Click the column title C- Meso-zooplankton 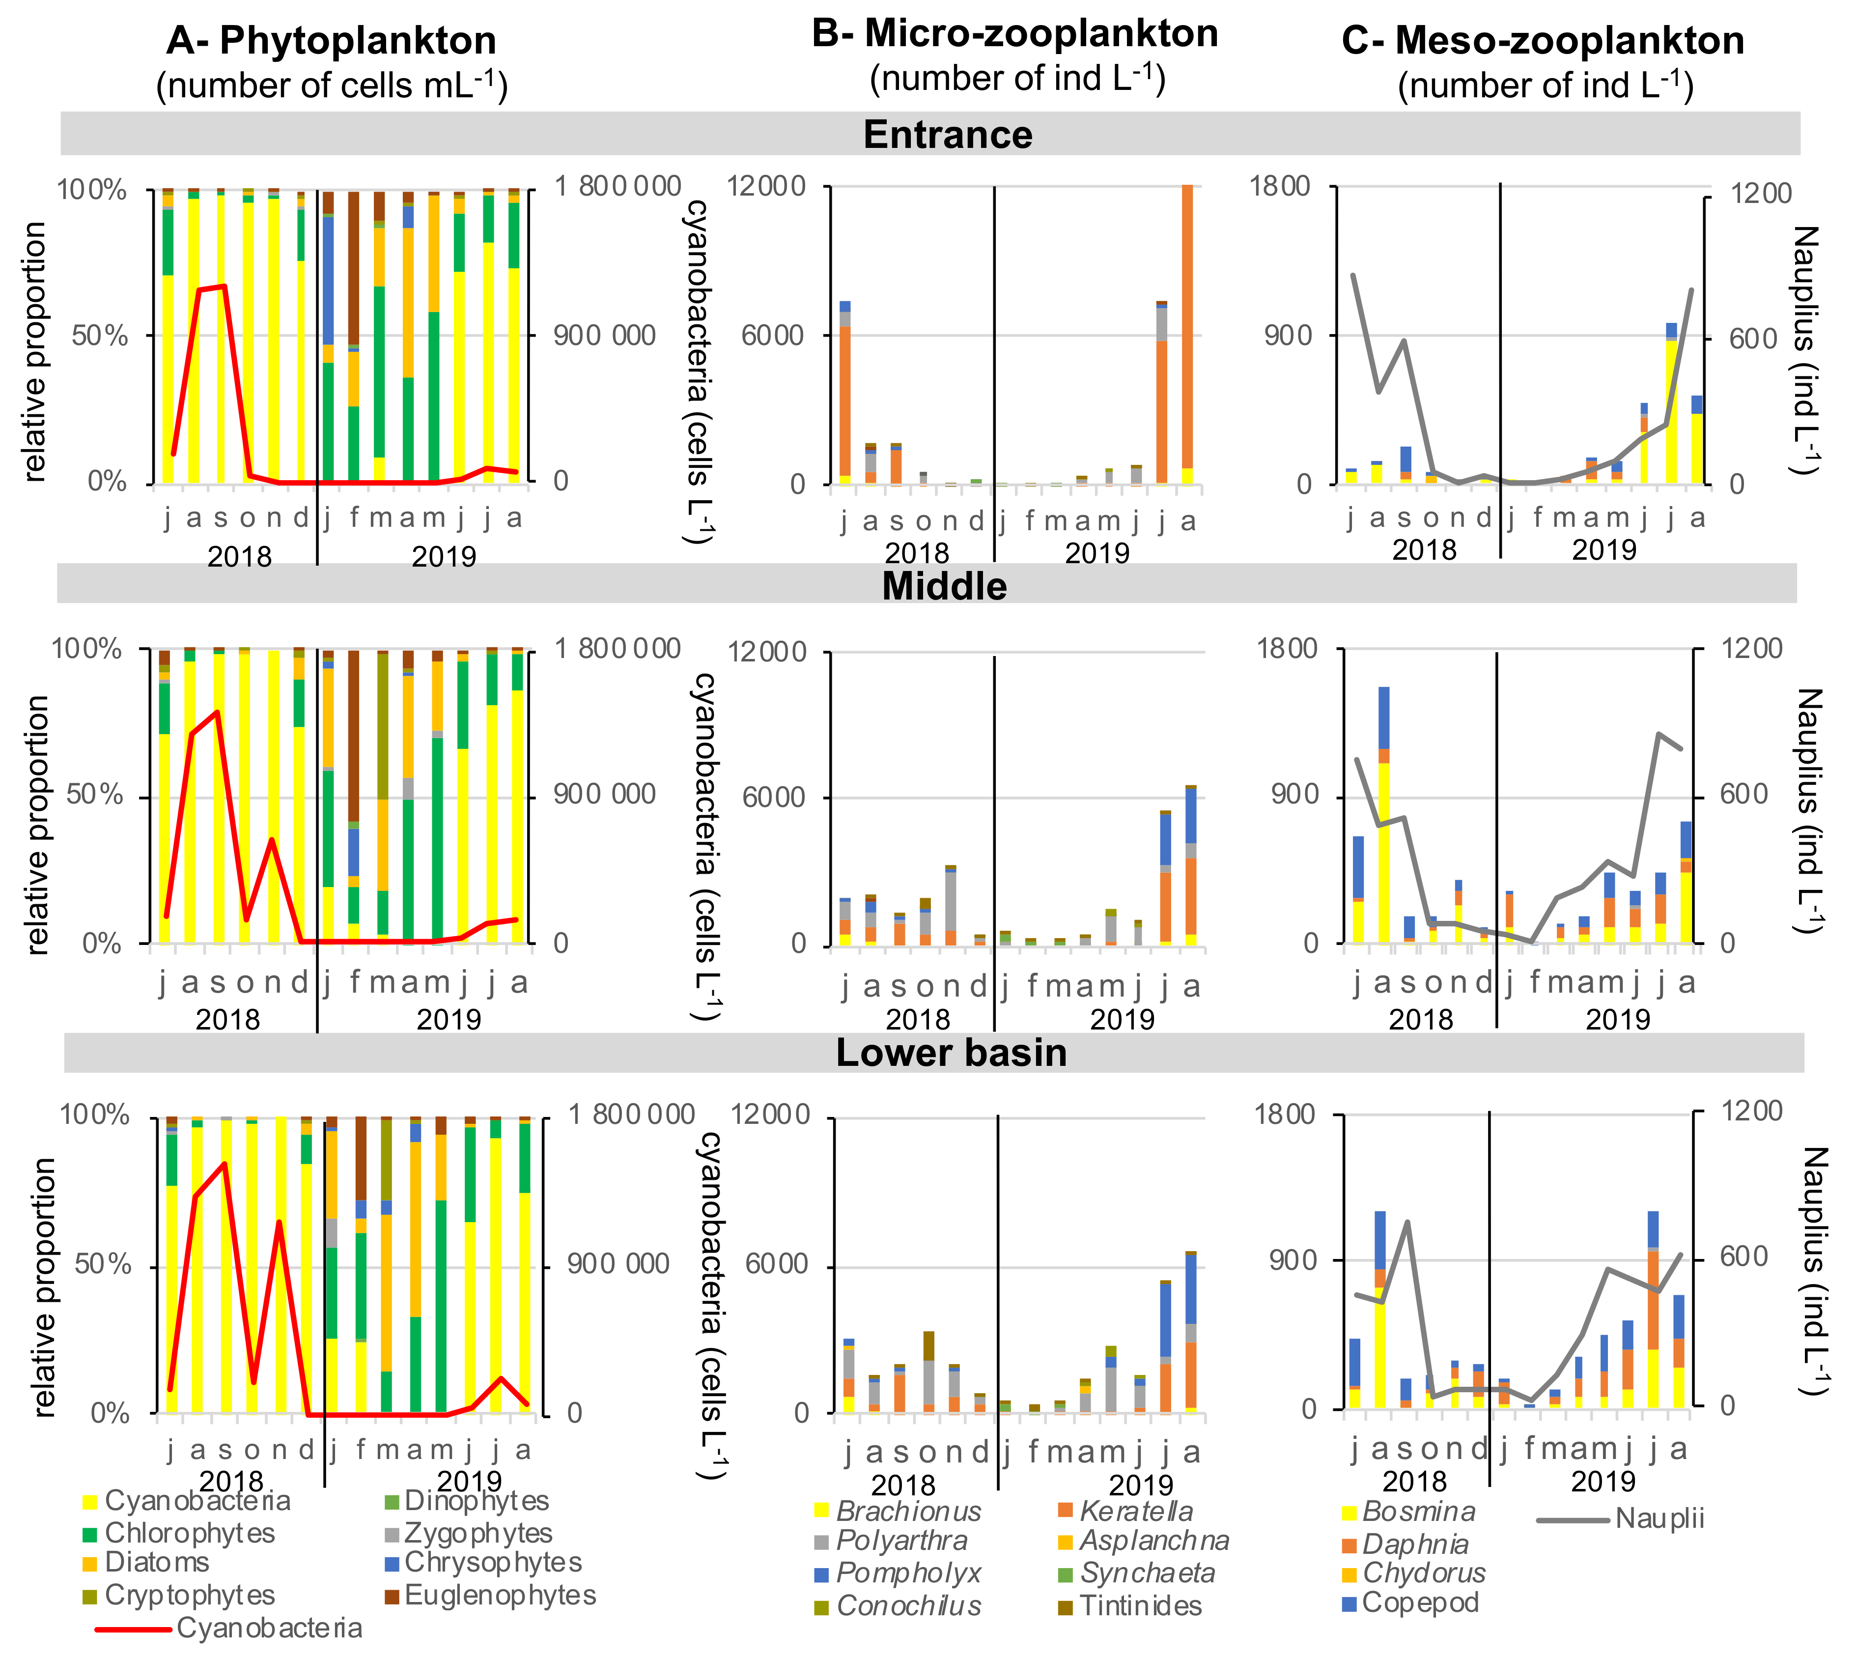tap(1543, 41)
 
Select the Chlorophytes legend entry tap(189, 1533)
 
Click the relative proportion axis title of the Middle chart tap(36, 825)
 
